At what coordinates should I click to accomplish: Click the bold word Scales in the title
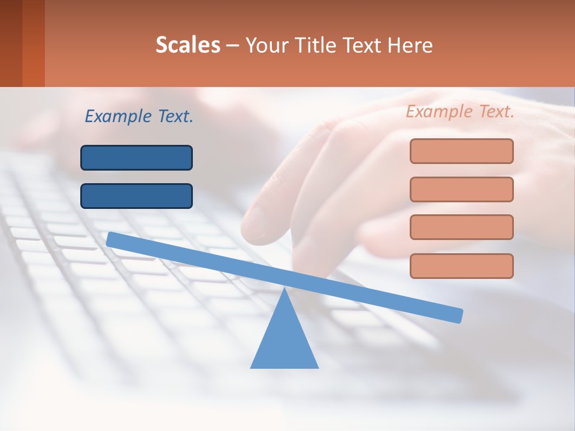[187, 45]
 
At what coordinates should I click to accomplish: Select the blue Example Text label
[139, 116]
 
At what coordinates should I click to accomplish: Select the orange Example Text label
[460, 111]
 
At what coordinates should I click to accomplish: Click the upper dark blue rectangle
[137, 157]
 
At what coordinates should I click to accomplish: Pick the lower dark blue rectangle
[137, 196]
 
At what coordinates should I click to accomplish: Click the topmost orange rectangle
[461, 151]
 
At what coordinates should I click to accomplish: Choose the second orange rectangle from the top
[461, 189]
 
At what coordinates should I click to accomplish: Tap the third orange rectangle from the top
[461, 227]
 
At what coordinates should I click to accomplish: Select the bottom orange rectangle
[461, 266]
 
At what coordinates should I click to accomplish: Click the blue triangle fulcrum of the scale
[284, 341]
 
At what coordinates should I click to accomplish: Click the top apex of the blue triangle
[284, 290]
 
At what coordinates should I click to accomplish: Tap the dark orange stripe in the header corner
[34, 43]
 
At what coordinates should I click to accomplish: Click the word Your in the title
[264, 45]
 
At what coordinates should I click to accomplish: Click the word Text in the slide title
[361, 45]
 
